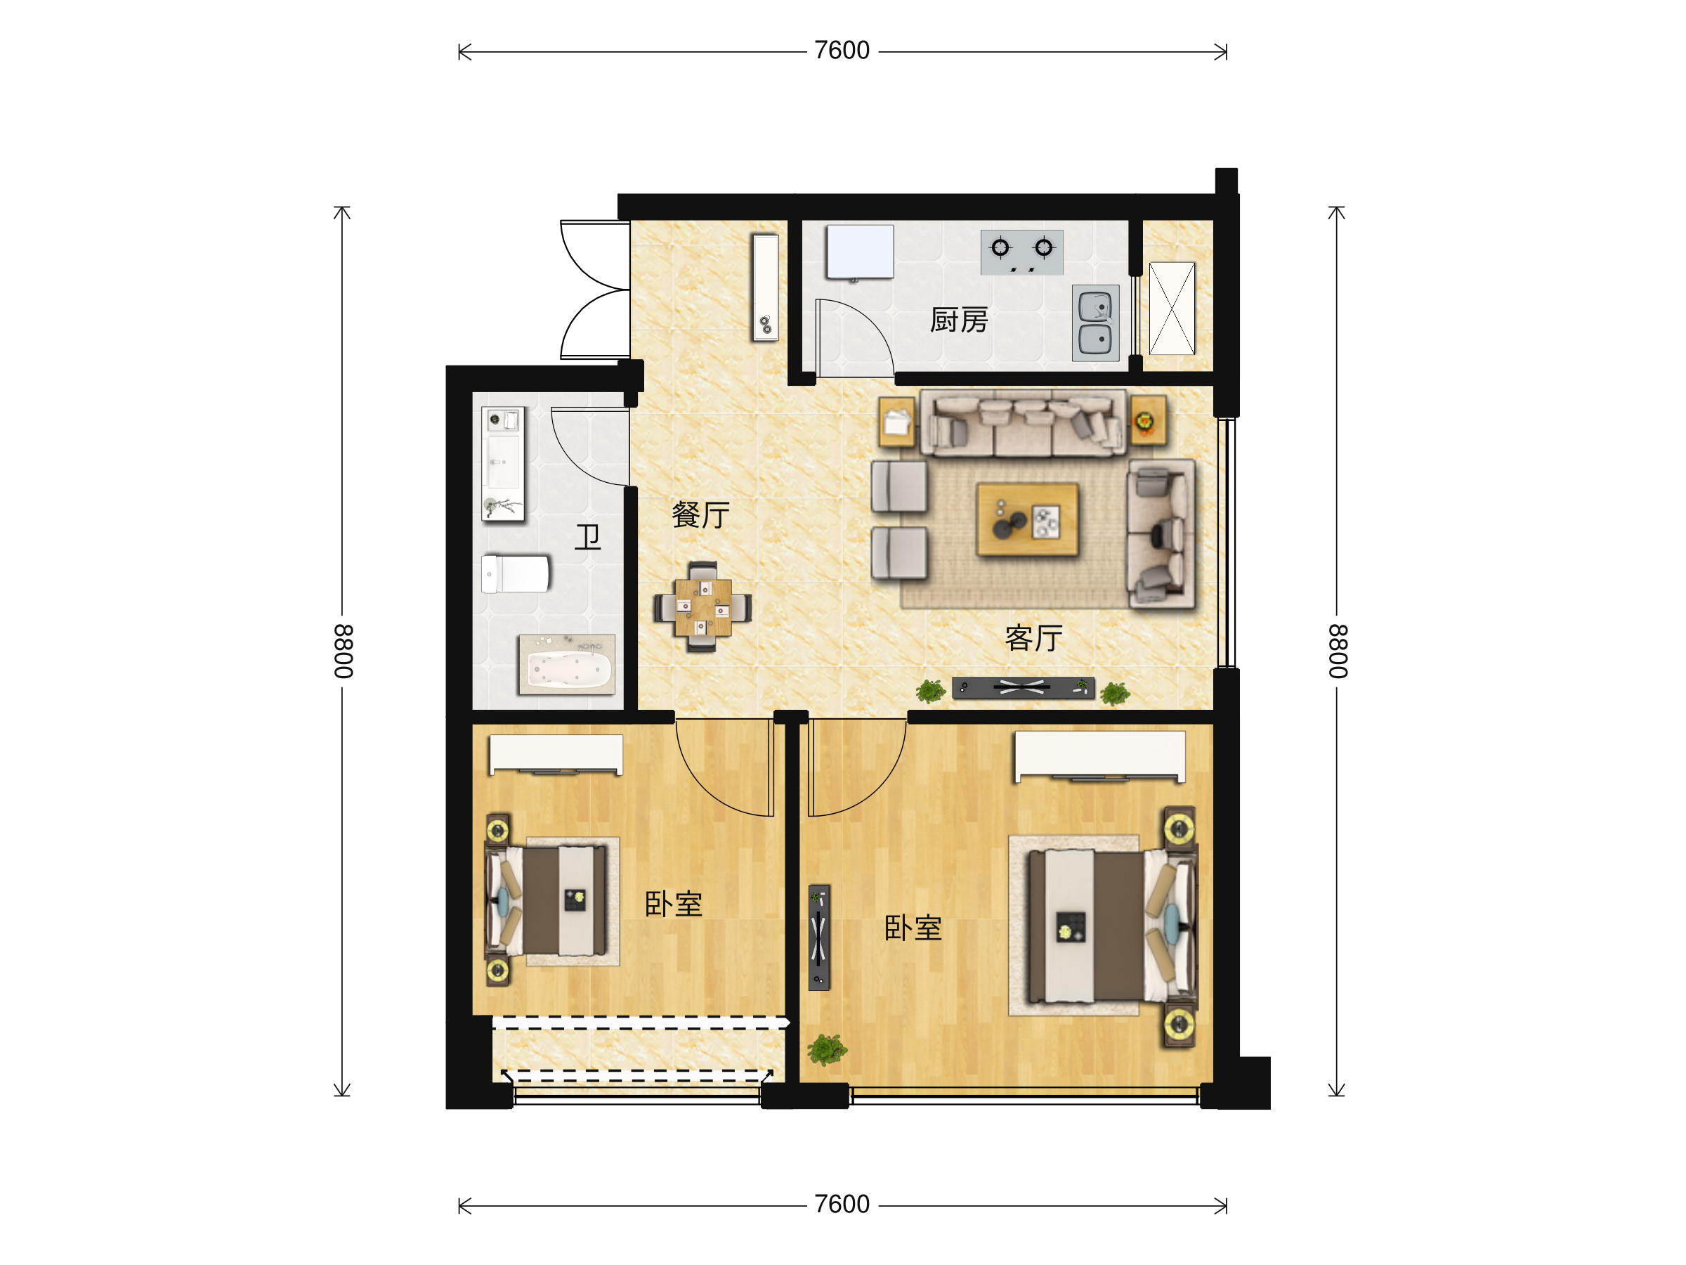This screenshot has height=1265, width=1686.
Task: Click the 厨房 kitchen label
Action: point(958,320)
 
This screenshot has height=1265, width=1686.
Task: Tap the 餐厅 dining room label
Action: point(700,514)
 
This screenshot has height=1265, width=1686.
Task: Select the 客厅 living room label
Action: point(1033,637)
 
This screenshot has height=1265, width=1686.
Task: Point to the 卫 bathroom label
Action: point(588,537)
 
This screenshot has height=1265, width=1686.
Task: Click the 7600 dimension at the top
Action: point(842,51)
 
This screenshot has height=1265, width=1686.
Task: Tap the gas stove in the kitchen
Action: point(1021,252)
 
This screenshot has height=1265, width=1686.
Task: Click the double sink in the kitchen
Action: point(1095,323)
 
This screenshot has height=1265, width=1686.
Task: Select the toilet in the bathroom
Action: point(515,573)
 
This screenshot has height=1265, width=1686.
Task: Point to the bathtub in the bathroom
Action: point(566,664)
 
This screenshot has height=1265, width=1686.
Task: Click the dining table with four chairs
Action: point(702,607)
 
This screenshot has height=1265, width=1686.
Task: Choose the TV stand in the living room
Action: point(1023,688)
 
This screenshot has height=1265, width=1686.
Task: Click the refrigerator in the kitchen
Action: point(860,252)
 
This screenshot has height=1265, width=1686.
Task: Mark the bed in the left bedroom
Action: point(546,900)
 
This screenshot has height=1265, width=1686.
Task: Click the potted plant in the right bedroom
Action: point(826,1049)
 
